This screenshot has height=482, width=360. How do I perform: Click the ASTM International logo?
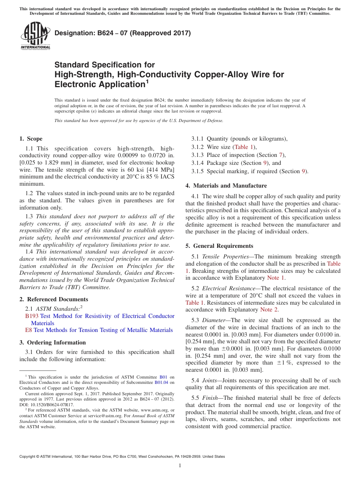(x=35, y=36)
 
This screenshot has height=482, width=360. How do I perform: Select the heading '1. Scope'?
(x=31, y=139)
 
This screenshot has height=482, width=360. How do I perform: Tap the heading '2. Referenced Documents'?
(x=53, y=299)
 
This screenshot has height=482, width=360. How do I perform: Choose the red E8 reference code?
(x=28, y=330)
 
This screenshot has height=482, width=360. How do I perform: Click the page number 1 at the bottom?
(x=180, y=466)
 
